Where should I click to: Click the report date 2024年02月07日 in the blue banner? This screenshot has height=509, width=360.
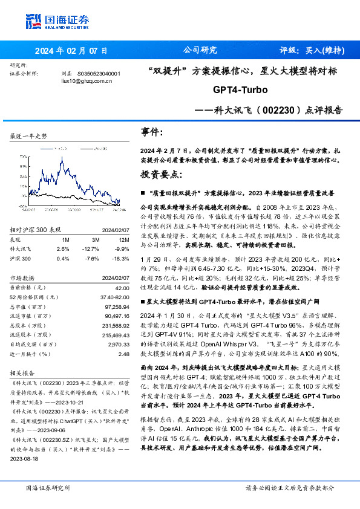(x=71, y=51)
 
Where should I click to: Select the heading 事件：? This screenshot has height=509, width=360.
(x=152, y=132)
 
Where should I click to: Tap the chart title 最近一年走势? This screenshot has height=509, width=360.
(x=29, y=137)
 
